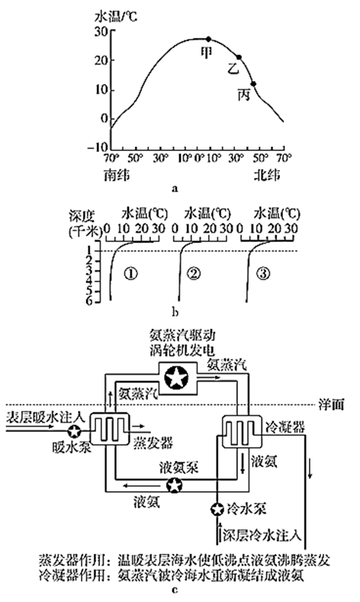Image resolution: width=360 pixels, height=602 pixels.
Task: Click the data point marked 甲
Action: (208, 39)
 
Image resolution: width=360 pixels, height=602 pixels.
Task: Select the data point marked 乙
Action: (239, 57)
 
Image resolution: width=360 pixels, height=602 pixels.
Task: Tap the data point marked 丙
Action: (253, 84)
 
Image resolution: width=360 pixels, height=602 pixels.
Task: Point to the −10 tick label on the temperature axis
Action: (98, 147)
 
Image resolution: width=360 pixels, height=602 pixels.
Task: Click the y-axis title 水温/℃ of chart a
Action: (115, 17)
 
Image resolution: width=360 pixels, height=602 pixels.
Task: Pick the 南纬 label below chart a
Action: (116, 175)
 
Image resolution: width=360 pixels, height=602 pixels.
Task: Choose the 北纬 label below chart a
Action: (266, 175)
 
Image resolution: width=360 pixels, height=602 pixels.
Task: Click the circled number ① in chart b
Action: (131, 273)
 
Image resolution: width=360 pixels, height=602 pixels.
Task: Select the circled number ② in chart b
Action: (194, 273)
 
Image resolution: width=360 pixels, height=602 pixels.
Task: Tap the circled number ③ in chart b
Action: (263, 273)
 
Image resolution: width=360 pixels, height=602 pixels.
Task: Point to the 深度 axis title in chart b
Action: (82, 216)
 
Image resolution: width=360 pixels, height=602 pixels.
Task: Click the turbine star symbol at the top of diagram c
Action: (176, 378)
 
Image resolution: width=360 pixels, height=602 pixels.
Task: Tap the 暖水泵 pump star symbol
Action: (74, 431)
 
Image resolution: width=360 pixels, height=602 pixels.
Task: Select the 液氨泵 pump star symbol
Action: (174, 485)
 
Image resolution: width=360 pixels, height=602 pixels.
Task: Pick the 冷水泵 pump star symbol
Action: (217, 509)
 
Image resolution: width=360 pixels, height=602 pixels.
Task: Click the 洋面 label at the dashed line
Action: (331, 404)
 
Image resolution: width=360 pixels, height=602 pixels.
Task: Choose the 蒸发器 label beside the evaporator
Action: (153, 443)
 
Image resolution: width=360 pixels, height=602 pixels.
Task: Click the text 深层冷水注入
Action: (262, 536)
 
